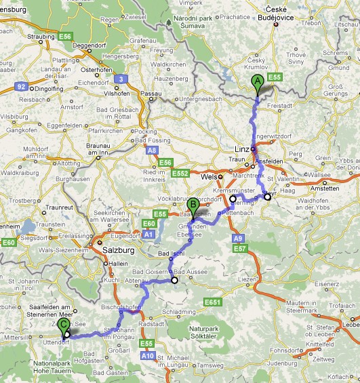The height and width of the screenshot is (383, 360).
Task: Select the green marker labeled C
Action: tap(64, 326)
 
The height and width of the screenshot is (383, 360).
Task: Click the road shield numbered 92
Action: tap(21, 87)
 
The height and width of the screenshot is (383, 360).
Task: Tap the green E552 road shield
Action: tap(179, 174)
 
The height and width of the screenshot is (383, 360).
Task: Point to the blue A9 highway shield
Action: tap(237, 239)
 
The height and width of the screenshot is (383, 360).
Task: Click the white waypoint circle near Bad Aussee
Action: tap(174, 280)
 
